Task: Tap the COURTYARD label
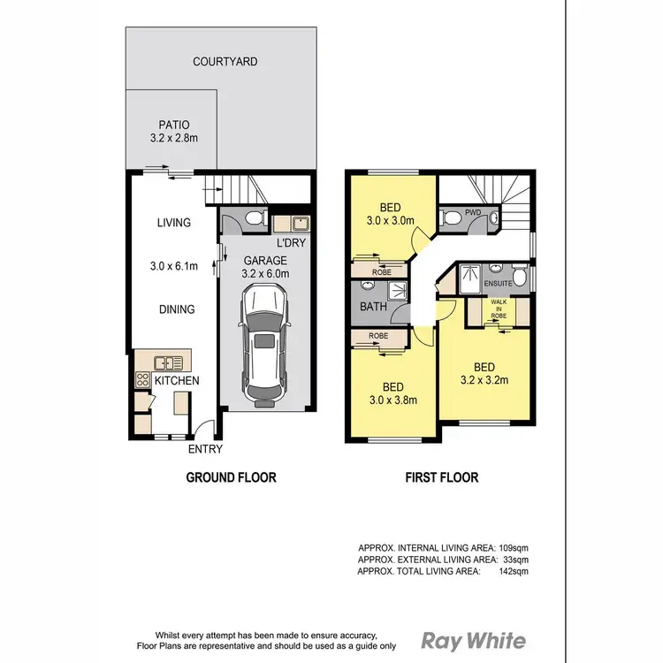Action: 225,62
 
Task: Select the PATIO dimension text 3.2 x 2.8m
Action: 174,139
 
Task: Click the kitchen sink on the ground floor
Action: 167,362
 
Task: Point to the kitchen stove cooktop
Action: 141,379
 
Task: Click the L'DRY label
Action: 291,241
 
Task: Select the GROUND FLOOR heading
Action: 231,477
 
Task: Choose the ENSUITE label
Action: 499,284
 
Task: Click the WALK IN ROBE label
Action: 499,309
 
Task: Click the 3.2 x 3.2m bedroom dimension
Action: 484,381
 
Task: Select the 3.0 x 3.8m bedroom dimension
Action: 393,400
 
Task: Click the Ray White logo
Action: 473,641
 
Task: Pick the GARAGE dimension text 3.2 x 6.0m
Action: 266,274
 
